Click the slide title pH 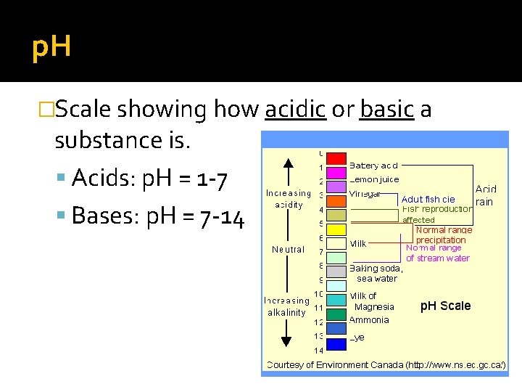(x=51, y=48)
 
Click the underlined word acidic (x=295, y=110)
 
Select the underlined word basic (x=386, y=110)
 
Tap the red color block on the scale (x=336, y=158)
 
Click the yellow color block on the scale (x=336, y=229)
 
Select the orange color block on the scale (x=336, y=201)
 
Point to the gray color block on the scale (x=336, y=271)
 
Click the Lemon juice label (x=374, y=179)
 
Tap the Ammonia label (x=370, y=319)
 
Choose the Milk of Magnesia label (x=373, y=301)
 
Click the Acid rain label (x=486, y=195)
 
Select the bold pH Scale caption (x=445, y=306)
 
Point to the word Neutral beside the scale (x=288, y=250)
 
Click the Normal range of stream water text (x=437, y=253)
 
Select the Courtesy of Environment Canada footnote (x=386, y=364)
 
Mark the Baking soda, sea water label (x=376, y=273)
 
